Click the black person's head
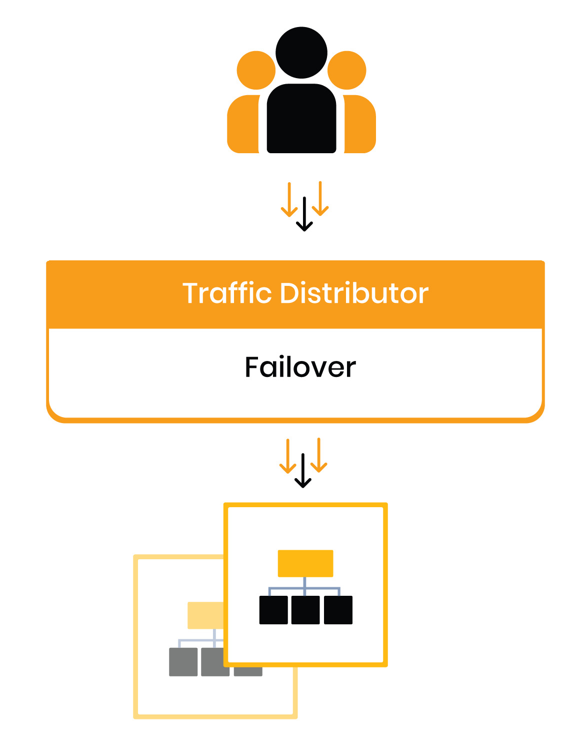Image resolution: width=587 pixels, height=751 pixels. (301, 52)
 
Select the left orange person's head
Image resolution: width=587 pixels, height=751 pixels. (255, 71)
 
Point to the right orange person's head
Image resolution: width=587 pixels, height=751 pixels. (347, 71)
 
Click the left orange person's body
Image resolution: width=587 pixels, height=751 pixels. (242, 125)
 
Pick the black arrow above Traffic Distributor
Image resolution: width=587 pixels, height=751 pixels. (304, 214)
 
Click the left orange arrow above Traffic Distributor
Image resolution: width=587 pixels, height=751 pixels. (289, 200)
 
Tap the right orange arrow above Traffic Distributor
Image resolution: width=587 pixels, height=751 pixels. (320, 199)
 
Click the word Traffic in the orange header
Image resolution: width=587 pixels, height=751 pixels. (226, 293)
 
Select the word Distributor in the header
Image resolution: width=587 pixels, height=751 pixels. (354, 293)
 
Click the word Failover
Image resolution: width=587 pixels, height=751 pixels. (300, 367)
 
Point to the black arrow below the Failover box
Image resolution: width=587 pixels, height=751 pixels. (303, 471)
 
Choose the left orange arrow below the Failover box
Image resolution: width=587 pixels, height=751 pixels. (287, 456)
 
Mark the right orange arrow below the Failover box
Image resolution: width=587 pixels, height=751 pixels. (318, 455)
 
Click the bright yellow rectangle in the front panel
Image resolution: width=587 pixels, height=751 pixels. (305, 563)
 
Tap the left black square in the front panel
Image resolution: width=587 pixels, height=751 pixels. (273, 610)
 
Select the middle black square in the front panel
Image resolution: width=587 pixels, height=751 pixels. (305, 610)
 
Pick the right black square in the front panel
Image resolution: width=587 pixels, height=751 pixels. (338, 610)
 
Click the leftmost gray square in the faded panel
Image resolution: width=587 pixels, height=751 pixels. (183, 662)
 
